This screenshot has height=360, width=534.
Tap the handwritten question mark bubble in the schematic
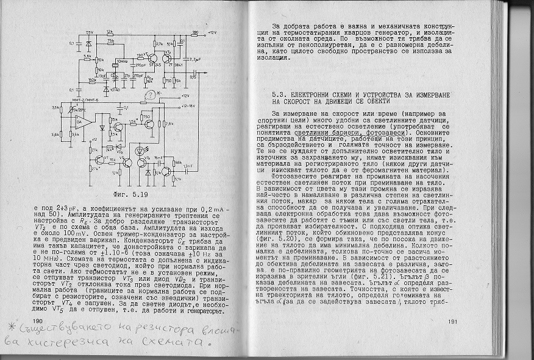(149, 94)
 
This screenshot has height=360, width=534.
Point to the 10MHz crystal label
(123, 61)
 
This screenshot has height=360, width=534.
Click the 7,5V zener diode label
(90, 32)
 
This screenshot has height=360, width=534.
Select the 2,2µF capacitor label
(194, 59)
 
